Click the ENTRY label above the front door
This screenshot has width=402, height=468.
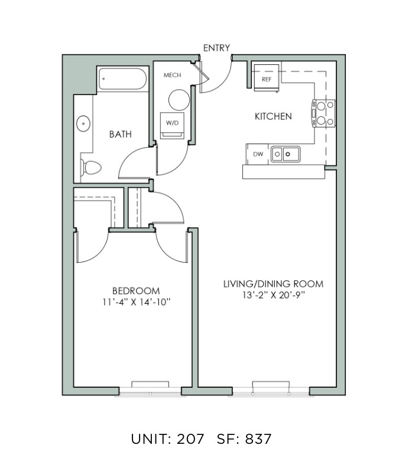click(216, 48)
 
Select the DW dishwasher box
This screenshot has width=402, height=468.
click(258, 154)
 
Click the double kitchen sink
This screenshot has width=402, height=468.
click(286, 154)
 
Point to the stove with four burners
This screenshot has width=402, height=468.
click(324, 113)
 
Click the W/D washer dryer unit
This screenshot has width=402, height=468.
click(172, 125)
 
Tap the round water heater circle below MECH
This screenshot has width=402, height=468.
click(179, 100)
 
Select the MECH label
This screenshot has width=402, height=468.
click(172, 75)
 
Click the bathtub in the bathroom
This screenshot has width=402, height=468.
click(123, 79)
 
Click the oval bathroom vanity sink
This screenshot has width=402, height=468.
click(83, 123)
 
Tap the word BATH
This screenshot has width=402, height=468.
click(120, 135)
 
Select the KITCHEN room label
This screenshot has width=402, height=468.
click(273, 116)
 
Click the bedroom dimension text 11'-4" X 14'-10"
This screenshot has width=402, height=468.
click(137, 302)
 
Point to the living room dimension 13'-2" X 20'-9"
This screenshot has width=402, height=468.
click(274, 295)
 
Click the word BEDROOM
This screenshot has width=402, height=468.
click(136, 291)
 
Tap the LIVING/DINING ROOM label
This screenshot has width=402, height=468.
click(274, 283)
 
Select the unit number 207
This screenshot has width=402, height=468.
click(190, 438)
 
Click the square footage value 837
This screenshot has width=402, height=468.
click(258, 438)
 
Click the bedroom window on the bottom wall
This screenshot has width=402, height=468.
click(150, 390)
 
